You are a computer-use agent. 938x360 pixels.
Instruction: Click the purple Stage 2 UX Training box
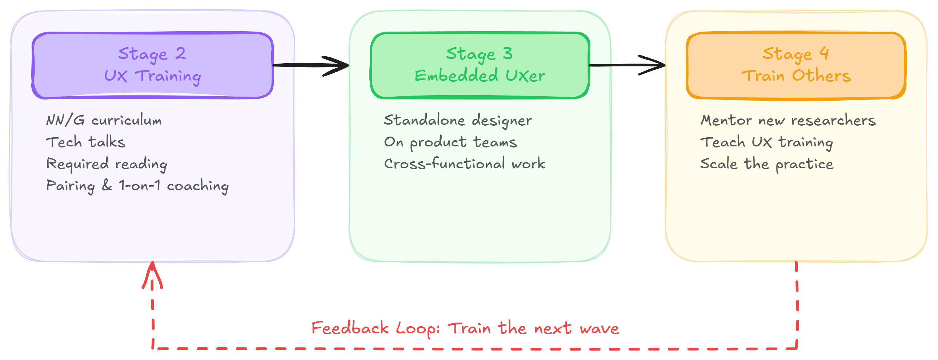(x=152, y=65)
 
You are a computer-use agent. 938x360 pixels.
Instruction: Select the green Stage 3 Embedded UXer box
(x=480, y=65)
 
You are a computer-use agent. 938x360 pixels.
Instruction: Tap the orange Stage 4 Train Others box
(x=796, y=65)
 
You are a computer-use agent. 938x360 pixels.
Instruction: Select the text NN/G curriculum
(x=104, y=120)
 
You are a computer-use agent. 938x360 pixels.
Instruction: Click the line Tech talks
(x=85, y=142)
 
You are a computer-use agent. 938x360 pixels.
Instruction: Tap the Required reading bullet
(x=106, y=164)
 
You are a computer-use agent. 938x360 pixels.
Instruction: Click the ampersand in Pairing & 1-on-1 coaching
(x=107, y=185)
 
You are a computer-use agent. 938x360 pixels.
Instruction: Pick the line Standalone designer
(x=458, y=121)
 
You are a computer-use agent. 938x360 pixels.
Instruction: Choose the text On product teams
(x=450, y=142)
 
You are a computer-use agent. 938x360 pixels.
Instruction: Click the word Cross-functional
(x=444, y=164)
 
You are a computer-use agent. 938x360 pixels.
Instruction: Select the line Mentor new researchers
(x=788, y=121)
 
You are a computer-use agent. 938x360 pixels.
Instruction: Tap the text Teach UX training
(x=766, y=142)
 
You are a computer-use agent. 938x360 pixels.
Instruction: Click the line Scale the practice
(x=766, y=164)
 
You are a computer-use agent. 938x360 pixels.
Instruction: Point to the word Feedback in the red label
(x=350, y=328)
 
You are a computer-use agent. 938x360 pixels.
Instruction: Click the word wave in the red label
(x=600, y=329)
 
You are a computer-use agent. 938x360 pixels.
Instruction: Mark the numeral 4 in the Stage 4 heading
(x=825, y=53)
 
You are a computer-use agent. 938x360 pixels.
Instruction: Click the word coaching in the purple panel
(x=198, y=186)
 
